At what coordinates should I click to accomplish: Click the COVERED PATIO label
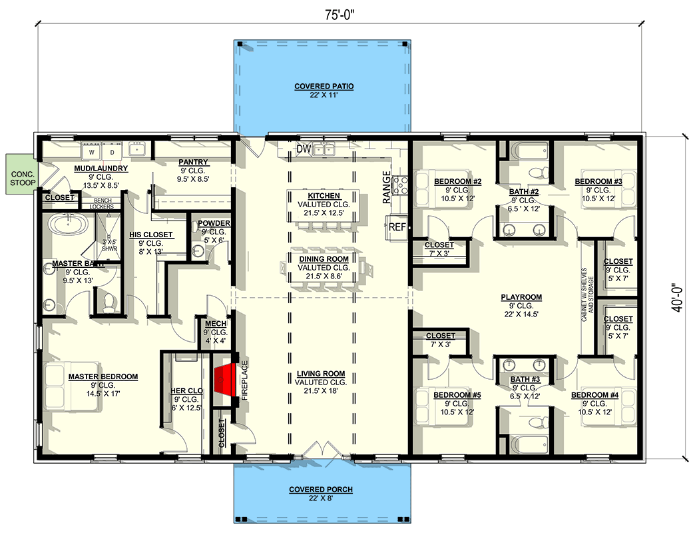pyautogui.click(x=324, y=87)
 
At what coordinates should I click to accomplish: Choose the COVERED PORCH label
pyautogui.click(x=321, y=490)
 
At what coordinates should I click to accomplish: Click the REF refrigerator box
pyautogui.click(x=397, y=227)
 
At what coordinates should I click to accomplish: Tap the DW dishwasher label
pyautogui.click(x=304, y=149)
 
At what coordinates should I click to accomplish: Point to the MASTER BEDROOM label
pyautogui.click(x=103, y=377)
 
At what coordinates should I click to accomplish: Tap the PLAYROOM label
pyautogui.click(x=521, y=297)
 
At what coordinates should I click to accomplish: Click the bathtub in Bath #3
pyautogui.click(x=529, y=444)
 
